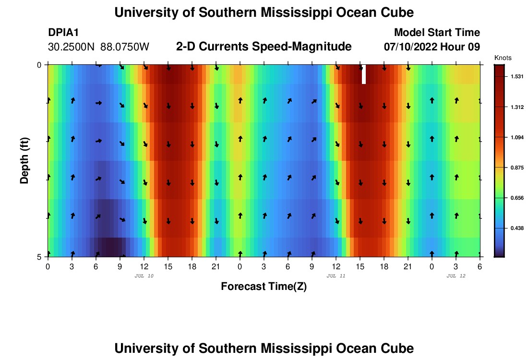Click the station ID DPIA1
click(x=63, y=33)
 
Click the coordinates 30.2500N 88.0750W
click(x=99, y=47)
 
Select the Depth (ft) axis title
click(x=24, y=160)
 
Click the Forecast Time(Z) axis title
click(x=264, y=287)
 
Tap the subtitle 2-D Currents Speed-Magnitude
click(x=264, y=47)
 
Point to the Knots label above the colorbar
click(x=503, y=58)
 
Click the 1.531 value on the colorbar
click(x=516, y=77)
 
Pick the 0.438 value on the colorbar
click(x=516, y=228)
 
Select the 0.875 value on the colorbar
click(x=516, y=168)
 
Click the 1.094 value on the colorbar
click(x=516, y=137)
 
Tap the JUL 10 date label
click(x=144, y=276)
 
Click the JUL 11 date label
click(x=336, y=276)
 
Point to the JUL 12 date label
click(x=456, y=276)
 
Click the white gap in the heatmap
click(x=364, y=74)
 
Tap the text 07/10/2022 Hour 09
click(x=432, y=47)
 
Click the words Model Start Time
click(x=437, y=33)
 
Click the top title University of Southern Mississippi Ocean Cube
click(x=264, y=12)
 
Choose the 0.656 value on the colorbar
click(x=516, y=198)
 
